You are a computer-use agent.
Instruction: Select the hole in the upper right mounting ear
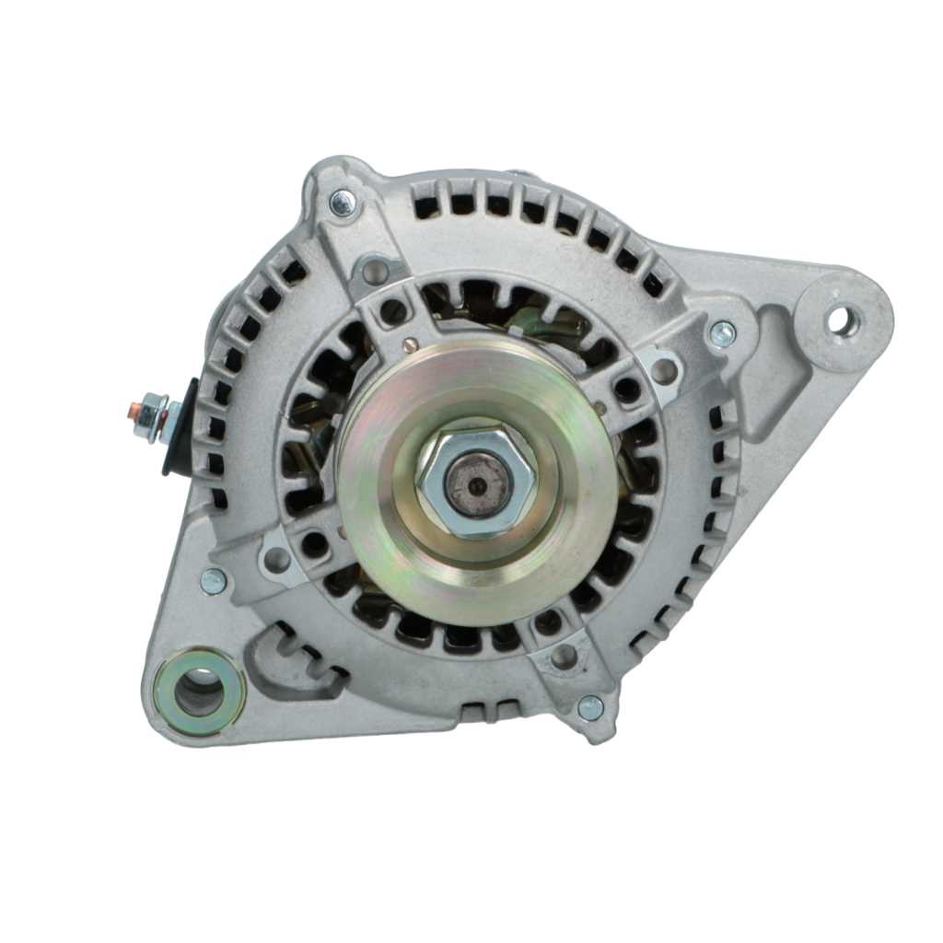841,321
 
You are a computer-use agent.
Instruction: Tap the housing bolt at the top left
342,202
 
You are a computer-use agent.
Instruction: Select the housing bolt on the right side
722,332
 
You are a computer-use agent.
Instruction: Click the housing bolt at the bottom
590,707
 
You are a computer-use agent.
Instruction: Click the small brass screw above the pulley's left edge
410,346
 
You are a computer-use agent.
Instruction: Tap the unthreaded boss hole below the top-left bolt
374,271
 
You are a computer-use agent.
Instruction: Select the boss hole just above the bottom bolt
563,657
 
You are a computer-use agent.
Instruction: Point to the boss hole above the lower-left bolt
276,558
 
